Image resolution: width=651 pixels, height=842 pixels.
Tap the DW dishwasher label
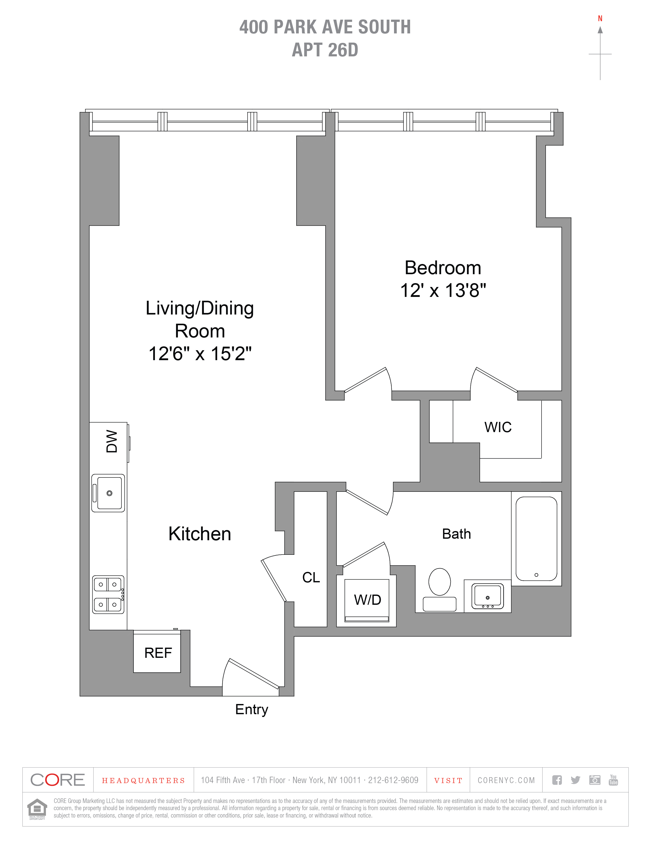[112, 442]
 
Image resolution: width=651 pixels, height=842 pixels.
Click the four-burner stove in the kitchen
[108, 595]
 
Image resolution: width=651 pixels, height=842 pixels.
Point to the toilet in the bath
[440, 589]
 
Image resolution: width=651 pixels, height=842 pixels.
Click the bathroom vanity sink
[487, 596]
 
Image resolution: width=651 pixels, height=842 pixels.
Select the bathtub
[536, 538]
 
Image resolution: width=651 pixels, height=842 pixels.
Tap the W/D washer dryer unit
[367, 600]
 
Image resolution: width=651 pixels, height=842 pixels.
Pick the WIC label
[498, 427]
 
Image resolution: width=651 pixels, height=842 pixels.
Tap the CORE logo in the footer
[57, 780]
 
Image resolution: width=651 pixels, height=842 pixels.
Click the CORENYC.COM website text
[506, 780]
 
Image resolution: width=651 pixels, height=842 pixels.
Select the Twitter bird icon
[575, 780]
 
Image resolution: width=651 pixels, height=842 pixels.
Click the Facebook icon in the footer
[557, 780]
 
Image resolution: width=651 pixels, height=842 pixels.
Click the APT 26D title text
[325, 50]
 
